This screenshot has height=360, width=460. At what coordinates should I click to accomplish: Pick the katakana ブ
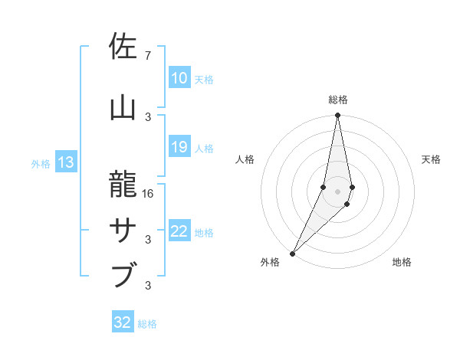click(x=123, y=274)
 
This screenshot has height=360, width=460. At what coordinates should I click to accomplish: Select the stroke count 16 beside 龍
click(x=149, y=194)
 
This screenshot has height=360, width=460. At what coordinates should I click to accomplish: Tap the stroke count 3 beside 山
click(x=148, y=116)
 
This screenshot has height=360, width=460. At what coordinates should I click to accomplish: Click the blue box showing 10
click(x=179, y=78)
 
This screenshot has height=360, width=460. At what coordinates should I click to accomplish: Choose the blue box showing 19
click(x=179, y=147)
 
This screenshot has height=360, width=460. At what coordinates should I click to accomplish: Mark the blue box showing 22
click(x=179, y=232)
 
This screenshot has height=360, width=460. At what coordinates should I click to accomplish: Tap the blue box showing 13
click(x=65, y=162)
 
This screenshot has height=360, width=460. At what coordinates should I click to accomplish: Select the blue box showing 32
click(x=123, y=322)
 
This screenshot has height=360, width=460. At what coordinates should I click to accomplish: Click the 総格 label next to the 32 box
click(x=148, y=324)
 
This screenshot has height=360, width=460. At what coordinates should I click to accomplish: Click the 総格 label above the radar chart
click(x=337, y=100)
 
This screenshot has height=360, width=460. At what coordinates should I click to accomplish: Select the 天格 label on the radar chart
click(x=431, y=159)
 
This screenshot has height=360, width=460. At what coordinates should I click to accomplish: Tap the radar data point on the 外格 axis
click(x=292, y=253)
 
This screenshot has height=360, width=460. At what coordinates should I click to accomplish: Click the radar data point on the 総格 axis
click(x=337, y=115)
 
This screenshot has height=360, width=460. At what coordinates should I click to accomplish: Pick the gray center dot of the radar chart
click(x=337, y=191)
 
